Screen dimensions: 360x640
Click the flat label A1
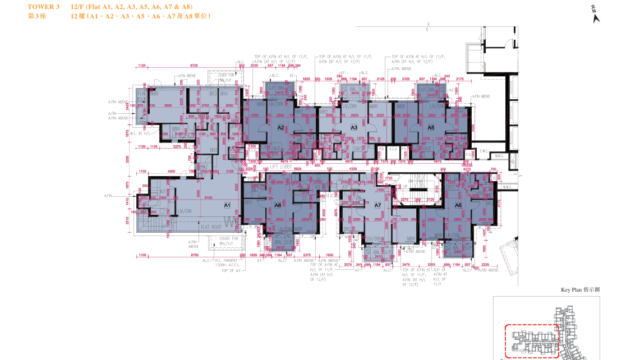click(227, 205)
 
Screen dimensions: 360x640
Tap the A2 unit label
click(282, 129)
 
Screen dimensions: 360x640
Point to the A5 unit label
click(431, 129)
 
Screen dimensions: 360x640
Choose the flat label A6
click(278, 205)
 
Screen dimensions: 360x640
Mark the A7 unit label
click(378, 205)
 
